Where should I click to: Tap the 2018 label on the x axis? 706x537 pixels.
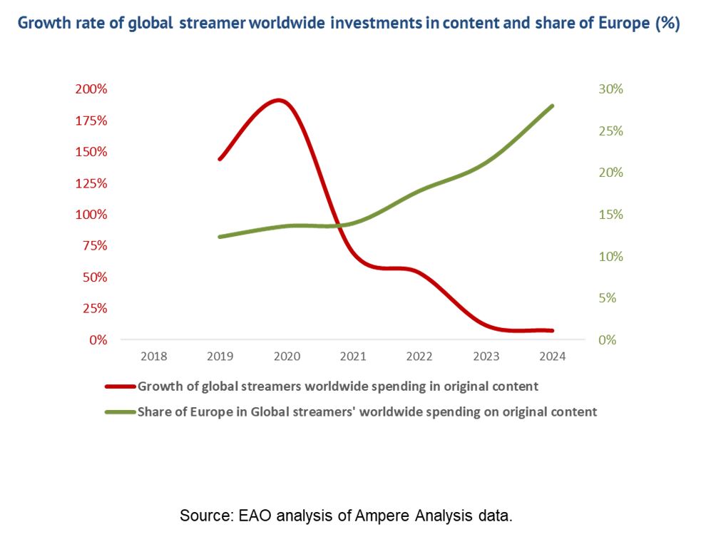click(154, 357)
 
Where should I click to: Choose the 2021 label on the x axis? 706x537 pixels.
click(353, 357)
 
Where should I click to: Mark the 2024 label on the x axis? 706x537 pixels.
click(552, 357)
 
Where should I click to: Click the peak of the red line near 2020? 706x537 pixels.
click(279, 101)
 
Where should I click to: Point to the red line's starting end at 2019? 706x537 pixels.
click(220, 159)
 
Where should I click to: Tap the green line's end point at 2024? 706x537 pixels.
click(552, 106)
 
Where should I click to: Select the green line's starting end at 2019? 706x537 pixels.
click(220, 236)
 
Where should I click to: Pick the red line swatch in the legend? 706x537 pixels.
click(120, 387)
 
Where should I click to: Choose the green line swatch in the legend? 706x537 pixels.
click(120, 411)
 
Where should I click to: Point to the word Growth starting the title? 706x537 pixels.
click(42, 23)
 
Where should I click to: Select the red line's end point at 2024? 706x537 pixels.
click(552, 331)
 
